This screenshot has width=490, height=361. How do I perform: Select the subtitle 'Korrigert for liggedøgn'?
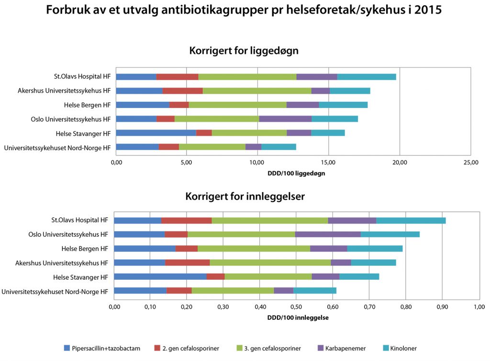pos(244,50)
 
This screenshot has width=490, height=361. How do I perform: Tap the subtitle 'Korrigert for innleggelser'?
pos(245,196)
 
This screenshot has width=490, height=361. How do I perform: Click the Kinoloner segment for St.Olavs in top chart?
pos(367,77)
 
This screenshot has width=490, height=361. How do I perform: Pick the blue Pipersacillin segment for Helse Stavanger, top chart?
pos(156,133)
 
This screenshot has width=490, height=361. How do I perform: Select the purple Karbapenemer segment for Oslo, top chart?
pos(285,119)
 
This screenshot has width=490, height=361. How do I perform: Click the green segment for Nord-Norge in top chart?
pos(212,147)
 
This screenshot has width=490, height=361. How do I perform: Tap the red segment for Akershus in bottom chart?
pos(188,263)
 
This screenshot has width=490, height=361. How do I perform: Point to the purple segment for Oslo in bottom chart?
pos(328,234)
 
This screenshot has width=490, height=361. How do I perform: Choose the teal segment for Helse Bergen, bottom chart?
pos(375,249)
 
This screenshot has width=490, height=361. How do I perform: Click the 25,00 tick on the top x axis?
pos(471,163)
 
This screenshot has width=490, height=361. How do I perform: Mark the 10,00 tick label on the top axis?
pos(258,163)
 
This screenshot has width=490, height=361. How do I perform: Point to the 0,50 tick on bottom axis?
pos(296,306)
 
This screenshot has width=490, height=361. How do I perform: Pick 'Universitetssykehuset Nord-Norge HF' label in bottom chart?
pos(55,291)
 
